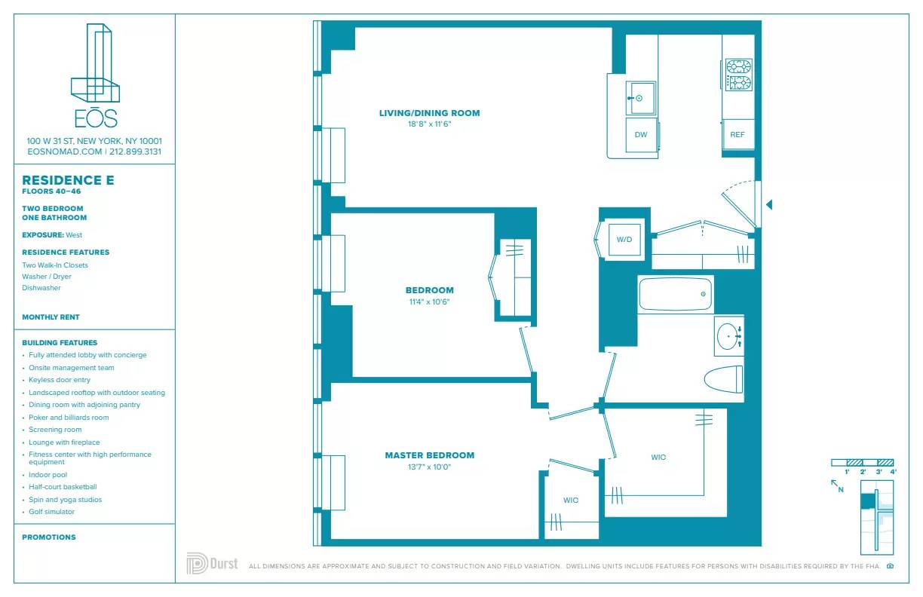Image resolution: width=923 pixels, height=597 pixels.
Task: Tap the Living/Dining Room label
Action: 429,113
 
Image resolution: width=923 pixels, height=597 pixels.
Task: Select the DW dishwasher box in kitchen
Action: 641,136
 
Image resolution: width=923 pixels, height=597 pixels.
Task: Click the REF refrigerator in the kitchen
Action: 737,135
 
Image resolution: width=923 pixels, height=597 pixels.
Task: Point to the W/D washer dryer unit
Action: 624,240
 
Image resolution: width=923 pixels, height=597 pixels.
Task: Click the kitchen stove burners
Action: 738,75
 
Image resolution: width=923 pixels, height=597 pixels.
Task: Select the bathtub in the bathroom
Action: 676,294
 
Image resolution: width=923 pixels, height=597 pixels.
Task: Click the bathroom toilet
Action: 722,379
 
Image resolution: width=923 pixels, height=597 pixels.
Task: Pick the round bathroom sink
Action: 728,336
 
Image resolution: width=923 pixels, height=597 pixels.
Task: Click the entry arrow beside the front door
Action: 769,204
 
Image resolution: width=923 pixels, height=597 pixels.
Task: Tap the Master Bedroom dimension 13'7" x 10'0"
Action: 429,467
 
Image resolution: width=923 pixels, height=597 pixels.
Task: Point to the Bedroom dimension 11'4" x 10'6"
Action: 429,302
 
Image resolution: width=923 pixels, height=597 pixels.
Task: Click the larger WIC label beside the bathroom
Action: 658,458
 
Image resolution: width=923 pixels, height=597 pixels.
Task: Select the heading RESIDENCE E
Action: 69,180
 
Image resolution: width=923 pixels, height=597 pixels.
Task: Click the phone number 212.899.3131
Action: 136,152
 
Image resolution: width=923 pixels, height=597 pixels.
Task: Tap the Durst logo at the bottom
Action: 212,564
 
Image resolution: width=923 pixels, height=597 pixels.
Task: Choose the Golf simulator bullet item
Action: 51,512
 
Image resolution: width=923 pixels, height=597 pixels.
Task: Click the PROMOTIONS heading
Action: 49,537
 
